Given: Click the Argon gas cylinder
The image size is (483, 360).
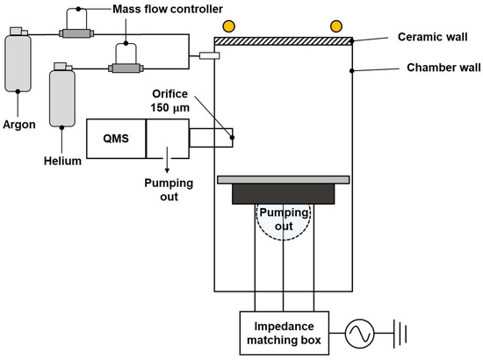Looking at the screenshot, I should [x=18, y=61].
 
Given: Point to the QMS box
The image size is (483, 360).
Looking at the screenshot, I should [x=115, y=140].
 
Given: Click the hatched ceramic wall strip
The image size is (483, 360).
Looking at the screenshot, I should [x=283, y=40].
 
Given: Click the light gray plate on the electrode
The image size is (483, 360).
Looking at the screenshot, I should [x=283, y=180].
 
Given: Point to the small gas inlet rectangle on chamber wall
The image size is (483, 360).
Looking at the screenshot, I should [x=209, y=55].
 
